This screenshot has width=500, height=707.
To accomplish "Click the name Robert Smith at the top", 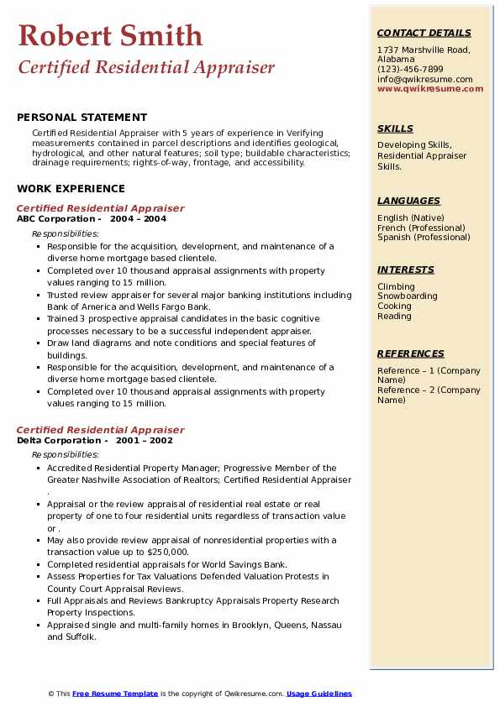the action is click(x=110, y=35).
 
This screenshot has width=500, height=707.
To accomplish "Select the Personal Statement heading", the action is click(x=82, y=118).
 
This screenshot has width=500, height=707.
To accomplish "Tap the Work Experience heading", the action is click(x=71, y=189).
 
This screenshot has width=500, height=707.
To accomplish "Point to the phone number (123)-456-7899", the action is click(x=410, y=70).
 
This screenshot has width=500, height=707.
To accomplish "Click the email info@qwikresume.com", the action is click(x=424, y=80).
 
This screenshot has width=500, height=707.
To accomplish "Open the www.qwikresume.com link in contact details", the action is click(x=430, y=88).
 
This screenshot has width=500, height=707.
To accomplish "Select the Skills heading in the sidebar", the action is click(x=395, y=128).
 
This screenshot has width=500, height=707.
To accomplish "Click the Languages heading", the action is click(x=408, y=201).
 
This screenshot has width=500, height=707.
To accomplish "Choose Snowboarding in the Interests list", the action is click(x=407, y=296).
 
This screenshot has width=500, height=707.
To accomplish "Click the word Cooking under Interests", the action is click(x=394, y=306).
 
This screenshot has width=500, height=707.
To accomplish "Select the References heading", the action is click(x=411, y=353).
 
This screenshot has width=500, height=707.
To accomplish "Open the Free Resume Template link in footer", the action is click(x=115, y=694).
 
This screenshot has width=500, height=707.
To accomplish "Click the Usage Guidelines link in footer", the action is click(x=318, y=694).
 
